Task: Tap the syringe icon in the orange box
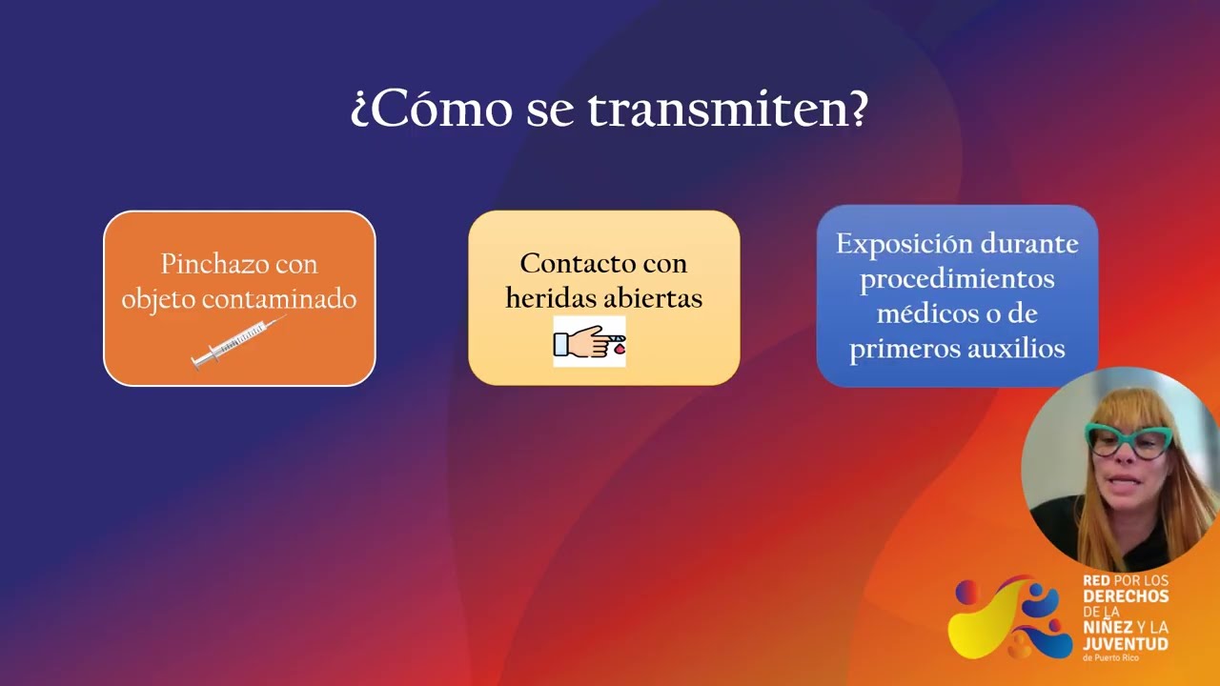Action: (238, 343)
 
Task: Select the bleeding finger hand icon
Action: (590, 342)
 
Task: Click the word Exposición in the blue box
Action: (898, 244)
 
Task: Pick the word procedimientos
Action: (957, 279)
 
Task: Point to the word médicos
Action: (922, 314)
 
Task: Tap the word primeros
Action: (900, 350)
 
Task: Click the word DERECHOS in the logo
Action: (1126, 596)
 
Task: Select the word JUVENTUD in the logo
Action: (1126, 644)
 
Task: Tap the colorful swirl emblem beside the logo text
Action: (1010, 617)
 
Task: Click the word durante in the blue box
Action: (1035, 244)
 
